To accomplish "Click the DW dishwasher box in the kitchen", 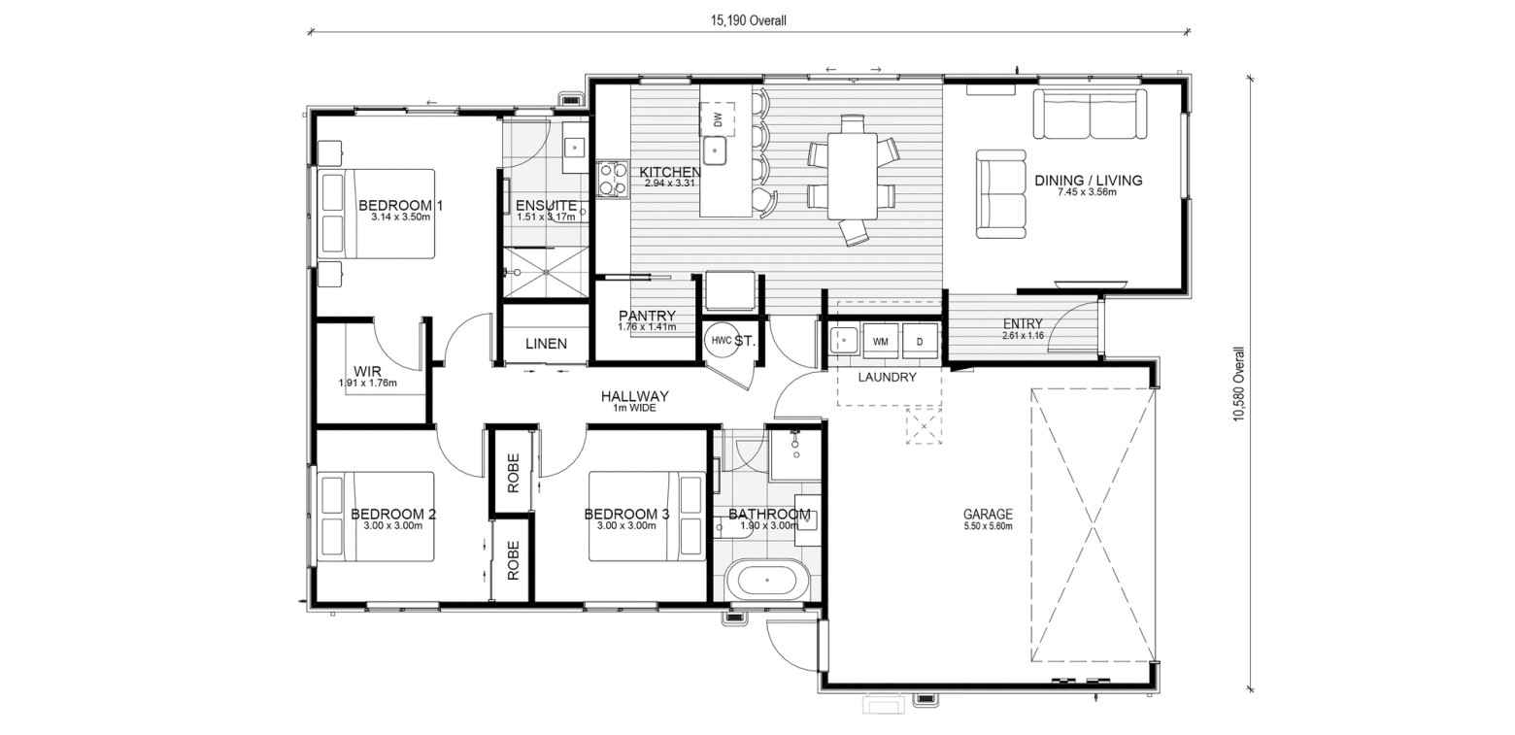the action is pyautogui.click(x=718, y=119).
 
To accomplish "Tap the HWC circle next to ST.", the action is pyautogui.click(x=721, y=341).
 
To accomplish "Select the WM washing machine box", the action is pyautogui.click(x=881, y=342).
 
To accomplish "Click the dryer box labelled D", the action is pyautogui.click(x=920, y=342).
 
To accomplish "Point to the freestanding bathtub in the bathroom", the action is pyautogui.click(x=766, y=581).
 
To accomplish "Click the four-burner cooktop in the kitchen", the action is pyautogui.click(x=612, y=180).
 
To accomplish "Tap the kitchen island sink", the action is pyautogui.click(x=715, y=150).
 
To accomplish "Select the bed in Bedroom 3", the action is pyautogui.click(x=647, y=516).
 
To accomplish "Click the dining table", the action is pyautogui.click(x=853, y=176).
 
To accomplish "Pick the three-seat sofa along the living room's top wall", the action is pyautogui.click(x=1090, y=114).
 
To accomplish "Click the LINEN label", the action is pyautogui.click(x=547, y=344).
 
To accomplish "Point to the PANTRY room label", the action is pyautogui.click(x=647, y=316).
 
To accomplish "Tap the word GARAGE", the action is pyautogui.click(x=988, y=514).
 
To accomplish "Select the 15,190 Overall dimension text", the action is pyautogui.click(x=748, y=20).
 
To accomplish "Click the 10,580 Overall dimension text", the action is pyautogui.click(x=1238, y=384).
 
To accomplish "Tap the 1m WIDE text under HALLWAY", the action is pyautogui.click(x=634, y=408).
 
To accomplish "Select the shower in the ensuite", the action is pyautogui.click(x=547, y=272).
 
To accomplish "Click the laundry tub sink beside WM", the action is pyautogui.click(x=844, y=341).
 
